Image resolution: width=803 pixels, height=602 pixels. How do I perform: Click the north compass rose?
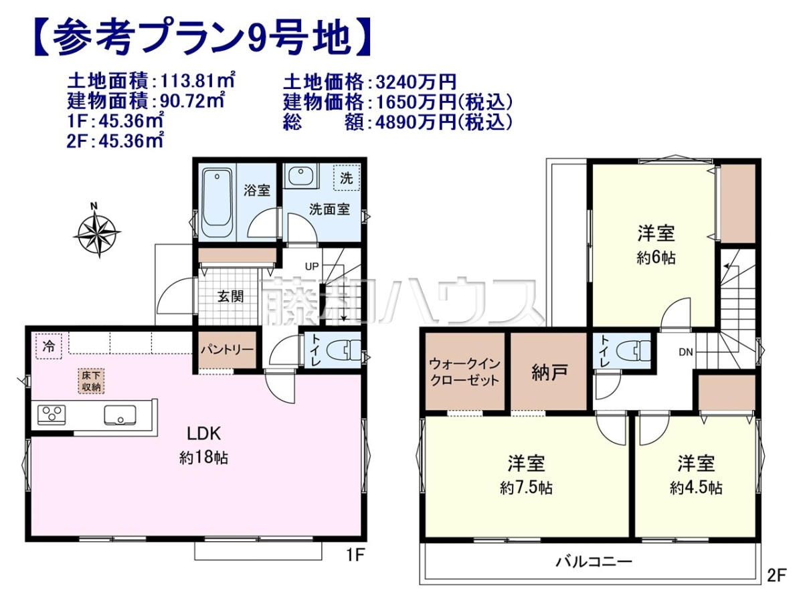pos(97,231)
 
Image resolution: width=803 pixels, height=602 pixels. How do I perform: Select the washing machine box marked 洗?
pos(347,178)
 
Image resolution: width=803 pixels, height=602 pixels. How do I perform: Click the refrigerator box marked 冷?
pos(49,346)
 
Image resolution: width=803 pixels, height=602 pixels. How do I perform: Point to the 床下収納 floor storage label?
pos(91,381)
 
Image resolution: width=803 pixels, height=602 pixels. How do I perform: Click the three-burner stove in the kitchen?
pos(52,415)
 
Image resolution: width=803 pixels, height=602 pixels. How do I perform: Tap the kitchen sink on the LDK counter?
pos(120,415)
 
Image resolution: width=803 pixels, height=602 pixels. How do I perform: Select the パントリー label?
pos(227,350)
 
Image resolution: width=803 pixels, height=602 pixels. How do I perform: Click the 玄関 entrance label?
pos(230,297)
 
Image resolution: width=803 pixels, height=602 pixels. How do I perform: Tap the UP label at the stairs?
pos(312,266)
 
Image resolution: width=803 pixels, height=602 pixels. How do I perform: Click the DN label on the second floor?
pos(686,352)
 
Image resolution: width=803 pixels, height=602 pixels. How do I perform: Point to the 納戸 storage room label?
pos(549,373)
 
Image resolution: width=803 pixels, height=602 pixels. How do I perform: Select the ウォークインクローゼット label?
pos(464,372)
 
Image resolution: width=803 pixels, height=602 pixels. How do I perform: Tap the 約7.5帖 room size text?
pos(527,488)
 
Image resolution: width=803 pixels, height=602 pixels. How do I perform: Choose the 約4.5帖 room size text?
pos(696,488)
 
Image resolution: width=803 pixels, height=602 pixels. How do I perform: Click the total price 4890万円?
pos(416,122)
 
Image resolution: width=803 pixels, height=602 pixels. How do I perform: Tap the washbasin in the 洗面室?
pos(301,176)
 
